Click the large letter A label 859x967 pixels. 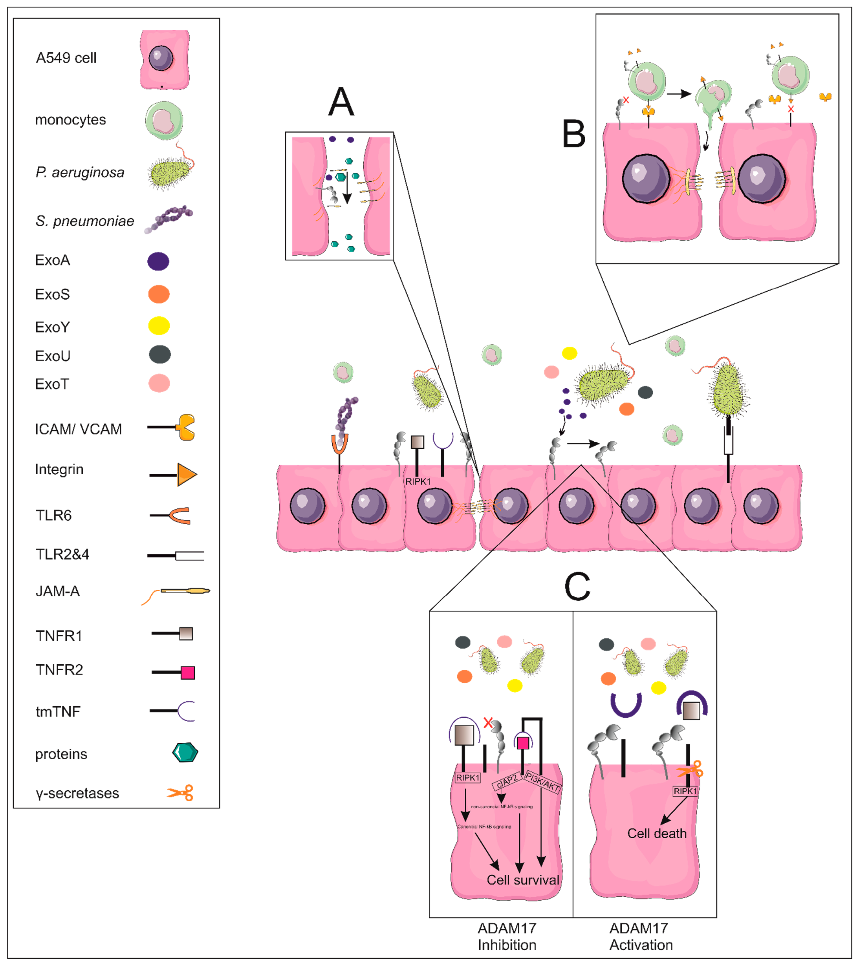(x=341, y=102)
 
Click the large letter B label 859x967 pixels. (x=573, y=134)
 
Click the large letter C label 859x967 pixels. (x=577, y=587)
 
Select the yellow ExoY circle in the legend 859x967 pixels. (x=159, y=326)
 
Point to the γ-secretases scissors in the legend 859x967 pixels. (x=180, y=793)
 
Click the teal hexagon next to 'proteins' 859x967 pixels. (x=185, y=753)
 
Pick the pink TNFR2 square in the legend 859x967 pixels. (x=187, y=672)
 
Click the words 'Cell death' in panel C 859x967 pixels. (x=656, y=834)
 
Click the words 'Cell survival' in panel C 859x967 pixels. (x=522, y=880)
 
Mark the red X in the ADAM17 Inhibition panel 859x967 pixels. (x=488, y=723)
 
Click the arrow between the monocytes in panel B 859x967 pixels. (x=679, y=94)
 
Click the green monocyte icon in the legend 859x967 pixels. (x=164, y=120)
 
